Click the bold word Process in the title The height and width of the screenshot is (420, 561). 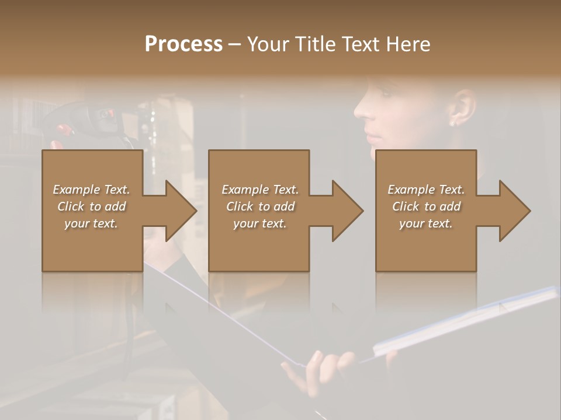point(183,44)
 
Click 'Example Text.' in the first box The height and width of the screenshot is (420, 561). point(91,190)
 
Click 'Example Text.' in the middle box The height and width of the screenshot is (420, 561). point(260,190)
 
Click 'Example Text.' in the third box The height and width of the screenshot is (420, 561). point(426,190)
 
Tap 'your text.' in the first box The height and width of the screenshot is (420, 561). point(91,223)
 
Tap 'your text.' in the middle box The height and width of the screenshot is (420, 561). point(260,223)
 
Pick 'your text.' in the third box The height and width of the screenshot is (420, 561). point(426,223)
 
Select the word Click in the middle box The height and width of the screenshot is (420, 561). point(239,206)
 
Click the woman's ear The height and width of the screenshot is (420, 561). point(461,108)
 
